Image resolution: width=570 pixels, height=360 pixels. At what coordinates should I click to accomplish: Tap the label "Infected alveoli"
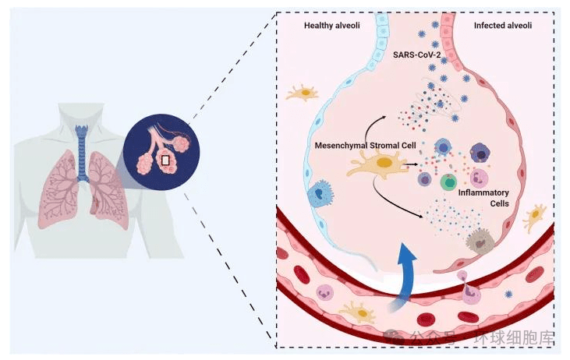point(503,26)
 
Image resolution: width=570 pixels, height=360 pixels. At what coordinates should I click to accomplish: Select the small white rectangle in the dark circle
point(165,160)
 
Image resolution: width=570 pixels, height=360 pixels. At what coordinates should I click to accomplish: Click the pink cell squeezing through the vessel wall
point(471,290)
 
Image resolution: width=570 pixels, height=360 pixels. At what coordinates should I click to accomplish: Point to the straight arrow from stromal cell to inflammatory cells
point(409,165)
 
